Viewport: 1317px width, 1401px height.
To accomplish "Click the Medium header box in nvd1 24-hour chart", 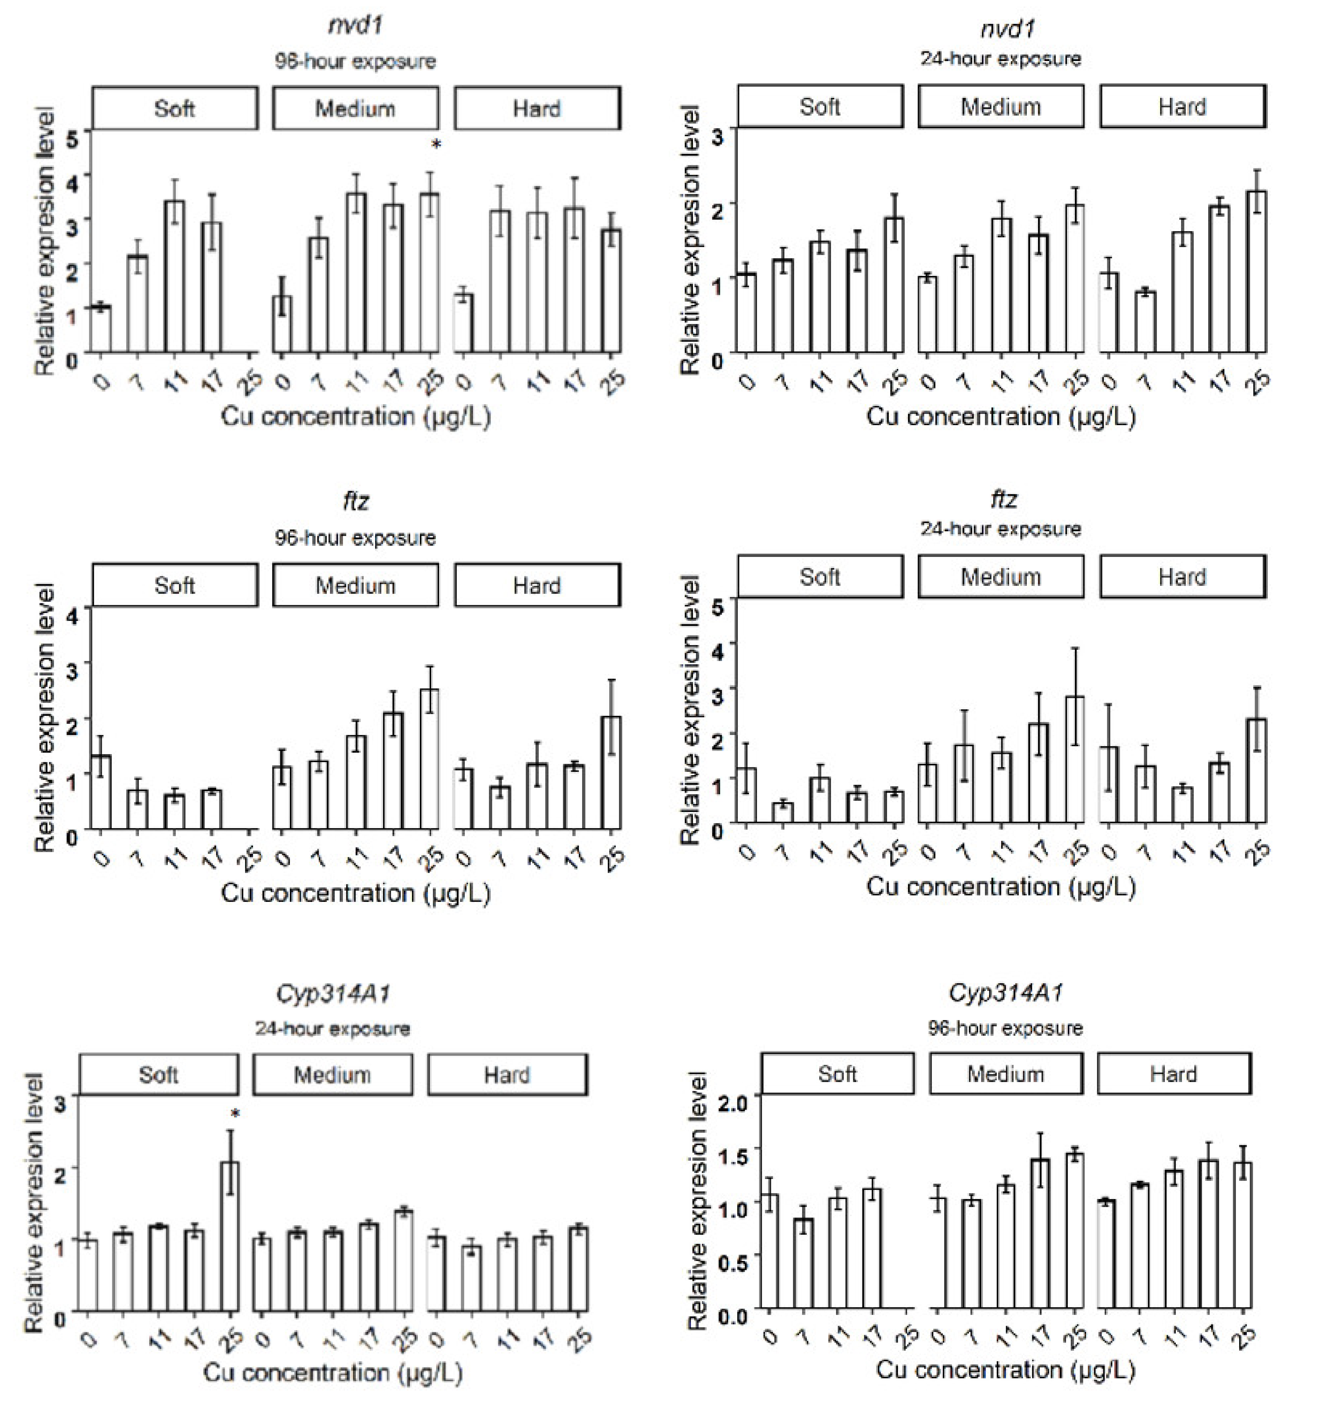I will (1001, 107).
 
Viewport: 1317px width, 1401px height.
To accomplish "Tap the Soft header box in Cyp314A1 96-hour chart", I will (837, 1074).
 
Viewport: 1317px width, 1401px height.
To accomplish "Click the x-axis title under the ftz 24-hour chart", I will (1001, 887).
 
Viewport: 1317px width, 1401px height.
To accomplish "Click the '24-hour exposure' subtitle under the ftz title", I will (1001, 529).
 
